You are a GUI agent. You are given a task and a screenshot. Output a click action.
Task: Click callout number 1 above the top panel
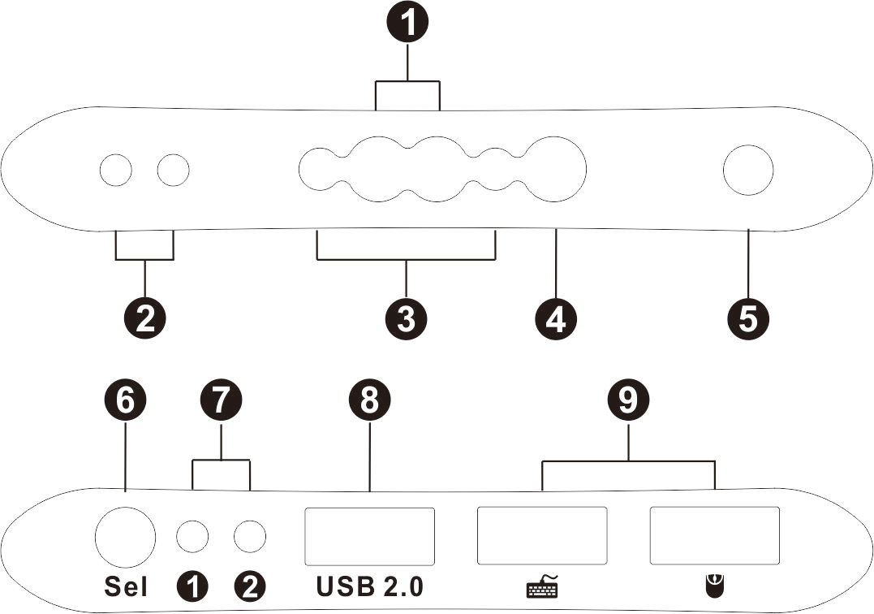407,23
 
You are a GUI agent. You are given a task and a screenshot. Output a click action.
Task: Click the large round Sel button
125,535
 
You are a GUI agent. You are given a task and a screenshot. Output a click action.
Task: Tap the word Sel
126,586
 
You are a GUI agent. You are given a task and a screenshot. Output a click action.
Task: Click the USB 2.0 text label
369,586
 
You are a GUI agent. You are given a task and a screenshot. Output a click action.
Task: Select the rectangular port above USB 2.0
369,536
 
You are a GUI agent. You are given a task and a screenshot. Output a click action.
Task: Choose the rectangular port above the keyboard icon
542,536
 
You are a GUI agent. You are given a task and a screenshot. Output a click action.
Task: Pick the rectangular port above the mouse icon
715,536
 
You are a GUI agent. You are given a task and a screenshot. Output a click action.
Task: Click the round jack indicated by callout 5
747,170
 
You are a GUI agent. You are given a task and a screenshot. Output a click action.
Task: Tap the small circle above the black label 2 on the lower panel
250,536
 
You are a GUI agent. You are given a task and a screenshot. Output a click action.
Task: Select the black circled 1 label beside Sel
193,586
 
